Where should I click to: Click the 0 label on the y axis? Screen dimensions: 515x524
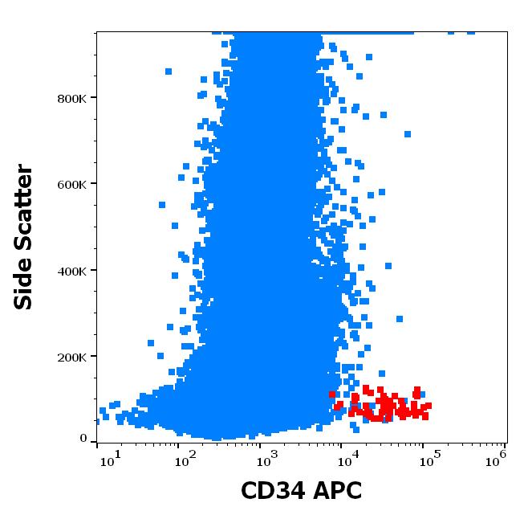click(x=83, y=439)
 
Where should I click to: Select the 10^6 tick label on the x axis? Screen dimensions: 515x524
click(x=496, y=459)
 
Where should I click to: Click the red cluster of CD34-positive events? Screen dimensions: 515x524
click(x=385, y=406)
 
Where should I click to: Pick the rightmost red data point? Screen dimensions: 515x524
click(x=429, y=406)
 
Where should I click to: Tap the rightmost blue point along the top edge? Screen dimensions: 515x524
click(x=471, y=32)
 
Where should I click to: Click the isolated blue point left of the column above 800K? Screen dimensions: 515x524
click(x=169, y=72)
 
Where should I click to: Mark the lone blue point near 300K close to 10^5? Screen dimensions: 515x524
click(x=399, y=319)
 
